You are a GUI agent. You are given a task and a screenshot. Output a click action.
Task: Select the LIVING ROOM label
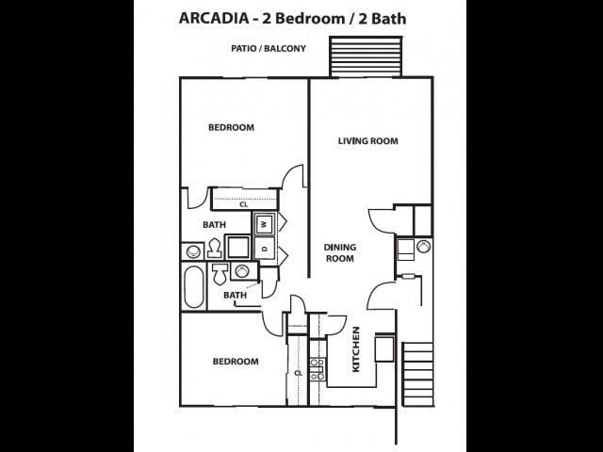367,141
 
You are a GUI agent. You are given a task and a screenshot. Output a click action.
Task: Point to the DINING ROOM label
339,252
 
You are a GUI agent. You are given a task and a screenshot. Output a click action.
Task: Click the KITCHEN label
356,349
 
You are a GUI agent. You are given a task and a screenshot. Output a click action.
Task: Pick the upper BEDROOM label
231,127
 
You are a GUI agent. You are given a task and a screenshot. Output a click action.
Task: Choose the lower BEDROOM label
235,362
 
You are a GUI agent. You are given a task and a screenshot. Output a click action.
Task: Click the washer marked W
265,224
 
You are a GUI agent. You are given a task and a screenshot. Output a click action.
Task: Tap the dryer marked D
265,249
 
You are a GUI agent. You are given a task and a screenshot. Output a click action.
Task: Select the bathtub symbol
193,287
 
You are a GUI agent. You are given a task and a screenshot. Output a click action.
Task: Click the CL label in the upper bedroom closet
243,203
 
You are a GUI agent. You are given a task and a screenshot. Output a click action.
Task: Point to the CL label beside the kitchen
298,373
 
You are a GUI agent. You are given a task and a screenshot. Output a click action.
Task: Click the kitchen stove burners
318,369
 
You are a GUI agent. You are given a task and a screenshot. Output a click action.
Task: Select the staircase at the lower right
417,374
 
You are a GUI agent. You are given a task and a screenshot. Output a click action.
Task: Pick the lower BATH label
235,296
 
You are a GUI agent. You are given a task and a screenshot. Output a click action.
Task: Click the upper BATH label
214,225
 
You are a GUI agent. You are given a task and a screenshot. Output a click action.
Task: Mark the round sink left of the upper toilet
193,251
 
